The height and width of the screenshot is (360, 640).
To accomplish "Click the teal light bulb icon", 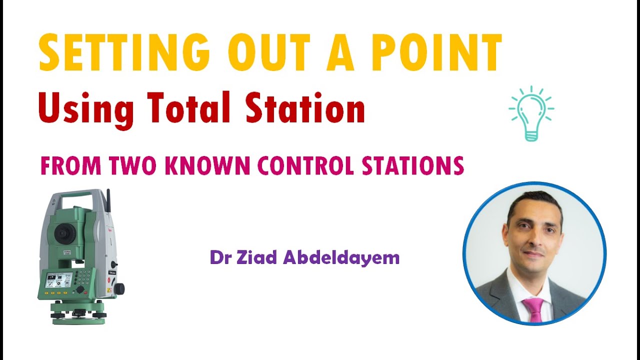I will tap(531, 113).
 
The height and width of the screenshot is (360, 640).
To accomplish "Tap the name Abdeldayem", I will tap(341, 258).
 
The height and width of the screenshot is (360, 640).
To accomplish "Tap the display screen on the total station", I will tap(58, 279).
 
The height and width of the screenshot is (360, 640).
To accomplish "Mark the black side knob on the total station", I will tap(119, 288).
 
